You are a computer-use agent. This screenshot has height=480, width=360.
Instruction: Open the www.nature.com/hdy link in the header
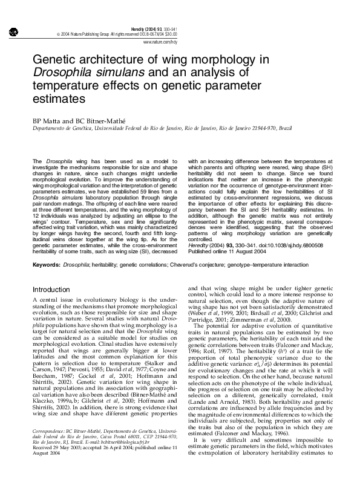pyautogui.click(x=160, y=44)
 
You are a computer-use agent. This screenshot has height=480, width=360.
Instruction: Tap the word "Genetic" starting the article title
pyautogui.click(x=54, y=61)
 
